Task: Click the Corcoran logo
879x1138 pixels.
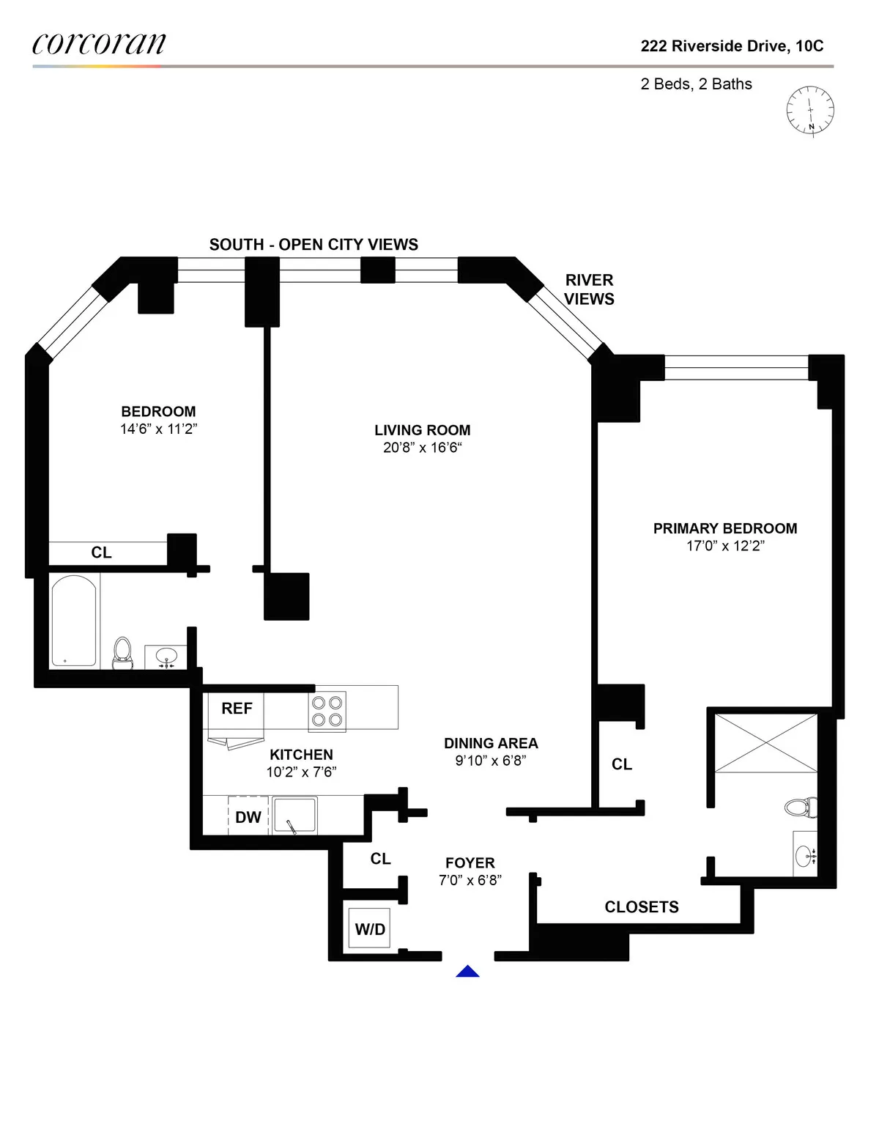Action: click(99, 44)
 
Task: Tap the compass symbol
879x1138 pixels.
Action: click(810, 111)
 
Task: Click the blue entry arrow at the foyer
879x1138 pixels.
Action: click(467, 972)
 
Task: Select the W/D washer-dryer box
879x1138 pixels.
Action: click(369, 928)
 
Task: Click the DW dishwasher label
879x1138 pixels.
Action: click(248, 817)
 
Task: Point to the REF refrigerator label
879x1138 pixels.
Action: click(237, 708)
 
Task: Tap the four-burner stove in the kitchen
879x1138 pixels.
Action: click(327, 711)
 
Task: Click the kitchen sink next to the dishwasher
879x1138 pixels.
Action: click(294, 816)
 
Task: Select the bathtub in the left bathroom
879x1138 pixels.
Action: click(74, 620)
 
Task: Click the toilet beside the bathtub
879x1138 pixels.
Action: click(122, 652)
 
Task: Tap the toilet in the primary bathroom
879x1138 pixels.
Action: click(800, 808)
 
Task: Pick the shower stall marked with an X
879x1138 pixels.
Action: click(765, 742)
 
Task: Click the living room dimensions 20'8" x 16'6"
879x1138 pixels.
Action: click(423, 448)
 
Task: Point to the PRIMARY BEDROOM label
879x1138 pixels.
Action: click(725, 528)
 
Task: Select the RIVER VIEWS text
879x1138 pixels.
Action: click(589, 289)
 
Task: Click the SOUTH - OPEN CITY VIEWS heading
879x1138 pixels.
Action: click(314, 245)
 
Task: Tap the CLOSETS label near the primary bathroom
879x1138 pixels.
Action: click(642, 907)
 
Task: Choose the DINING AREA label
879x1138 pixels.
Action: click(491, 743)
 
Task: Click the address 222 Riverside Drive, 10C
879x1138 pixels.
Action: click(732, 46)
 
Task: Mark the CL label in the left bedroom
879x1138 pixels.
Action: click(101, 553)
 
